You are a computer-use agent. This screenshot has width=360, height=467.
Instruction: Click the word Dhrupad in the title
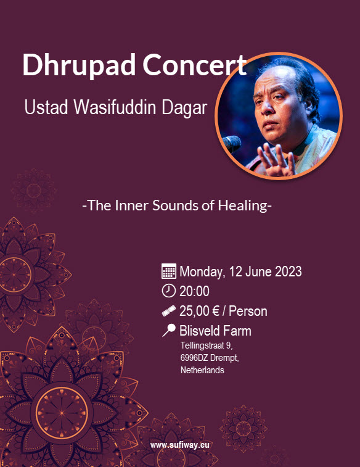(x=79, y=65)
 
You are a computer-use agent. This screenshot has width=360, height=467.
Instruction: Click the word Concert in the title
(x=195, y=65)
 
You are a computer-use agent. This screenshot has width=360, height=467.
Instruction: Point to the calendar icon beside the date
(x=169, y=271)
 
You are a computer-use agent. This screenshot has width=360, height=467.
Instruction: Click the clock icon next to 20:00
(x=169, y=291)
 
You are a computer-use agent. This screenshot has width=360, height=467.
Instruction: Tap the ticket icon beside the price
(x=169, y=311)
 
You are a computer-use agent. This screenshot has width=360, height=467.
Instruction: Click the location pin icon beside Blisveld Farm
(x=169, y=331)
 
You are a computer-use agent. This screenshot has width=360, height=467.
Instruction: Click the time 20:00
(x=194, y=291)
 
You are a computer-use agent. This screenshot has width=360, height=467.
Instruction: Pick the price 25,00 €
(x=199, y=312)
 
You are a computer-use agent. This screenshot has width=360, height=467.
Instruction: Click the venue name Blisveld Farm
(x=215, y=331)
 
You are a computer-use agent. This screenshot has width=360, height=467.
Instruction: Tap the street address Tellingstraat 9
(x=206, y=346)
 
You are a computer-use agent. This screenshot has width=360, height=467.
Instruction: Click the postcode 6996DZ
(x=194, y=358)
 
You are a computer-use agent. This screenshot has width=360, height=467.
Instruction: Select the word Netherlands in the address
(x=202, y=370)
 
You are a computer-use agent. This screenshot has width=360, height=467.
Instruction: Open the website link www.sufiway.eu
(x=180, y=445)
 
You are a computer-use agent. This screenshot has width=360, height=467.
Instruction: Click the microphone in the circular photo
(x=232, y=144)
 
